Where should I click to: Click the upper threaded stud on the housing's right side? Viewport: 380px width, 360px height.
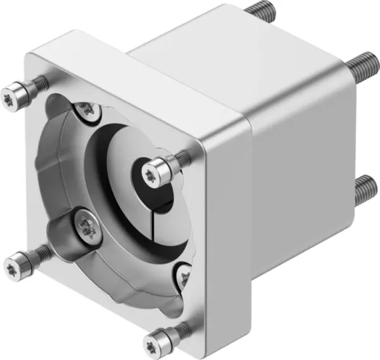click(x=361, y=65)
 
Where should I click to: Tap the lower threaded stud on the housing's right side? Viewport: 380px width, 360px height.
click(x=363, y=187)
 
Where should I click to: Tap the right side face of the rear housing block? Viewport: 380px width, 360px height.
click(x=298, y=165)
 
